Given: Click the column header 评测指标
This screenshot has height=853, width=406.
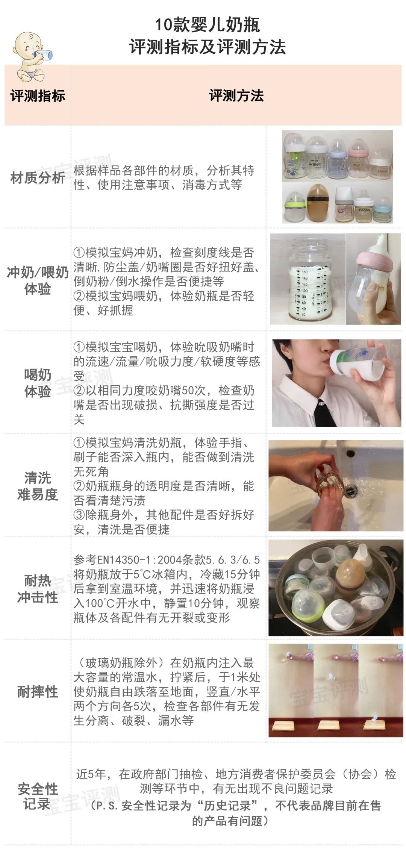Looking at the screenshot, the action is [38, 96].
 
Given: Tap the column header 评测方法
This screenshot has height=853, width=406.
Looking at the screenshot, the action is [236, 95].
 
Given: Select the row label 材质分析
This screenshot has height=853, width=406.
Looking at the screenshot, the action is [38, 177].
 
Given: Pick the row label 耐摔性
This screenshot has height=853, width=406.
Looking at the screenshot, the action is [38, 691].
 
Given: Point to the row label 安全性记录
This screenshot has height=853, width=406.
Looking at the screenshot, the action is [38, 796].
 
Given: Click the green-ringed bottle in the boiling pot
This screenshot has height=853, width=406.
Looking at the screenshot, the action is [308, 605].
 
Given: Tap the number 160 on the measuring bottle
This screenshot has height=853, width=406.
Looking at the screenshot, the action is [304, 272].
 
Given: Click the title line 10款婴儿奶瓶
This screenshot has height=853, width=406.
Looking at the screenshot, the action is [208, 25].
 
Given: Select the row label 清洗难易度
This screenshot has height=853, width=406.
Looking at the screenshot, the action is [38, 486].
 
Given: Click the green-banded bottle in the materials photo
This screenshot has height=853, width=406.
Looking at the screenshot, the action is [295, 206].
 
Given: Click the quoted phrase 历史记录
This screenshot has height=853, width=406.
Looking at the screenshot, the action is [227, 805].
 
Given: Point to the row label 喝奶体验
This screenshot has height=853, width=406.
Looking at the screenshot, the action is [38, 383].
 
